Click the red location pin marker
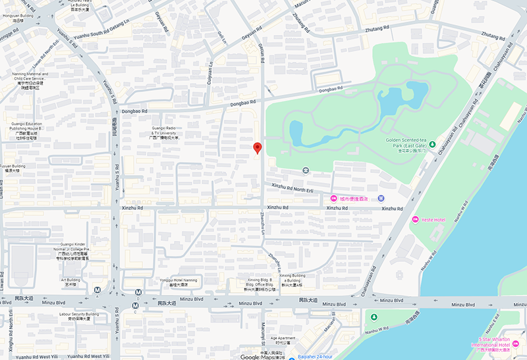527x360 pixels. click(x=258, y=148)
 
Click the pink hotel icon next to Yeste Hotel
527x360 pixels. click(x=415, y=219)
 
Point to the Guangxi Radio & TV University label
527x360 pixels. click(x=165, y=133)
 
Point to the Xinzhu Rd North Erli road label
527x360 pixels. click(x=292, y=189)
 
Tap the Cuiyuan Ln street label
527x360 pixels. click(x=211, y=72)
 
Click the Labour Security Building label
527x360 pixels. click(x=78, y=317)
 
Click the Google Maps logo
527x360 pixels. click(x=258, y=357)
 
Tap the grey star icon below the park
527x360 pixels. click(x=306, y=170)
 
